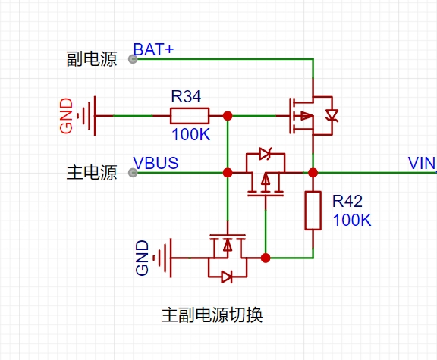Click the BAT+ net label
click(153, 49)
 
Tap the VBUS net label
click(156, 163)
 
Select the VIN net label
click(422, 163)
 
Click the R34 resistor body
click(190, 116)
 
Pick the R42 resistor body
click(313, 211)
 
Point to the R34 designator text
click(186, 96)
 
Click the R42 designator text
click(347, 201)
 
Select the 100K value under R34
click(191, 134)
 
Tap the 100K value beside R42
click(352, 220)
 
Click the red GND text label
click(66, 116)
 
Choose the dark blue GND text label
click(142, 258)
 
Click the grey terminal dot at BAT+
click(133, 59)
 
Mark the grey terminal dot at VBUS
click(133, 173)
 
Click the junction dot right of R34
click(228, 116)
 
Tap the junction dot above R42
click(313, 173)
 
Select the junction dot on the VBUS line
click(228, 173)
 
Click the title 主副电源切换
click(212, 315)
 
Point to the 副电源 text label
click(92, 59)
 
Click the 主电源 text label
click(92, 173)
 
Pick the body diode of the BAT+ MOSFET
click(332, 115)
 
